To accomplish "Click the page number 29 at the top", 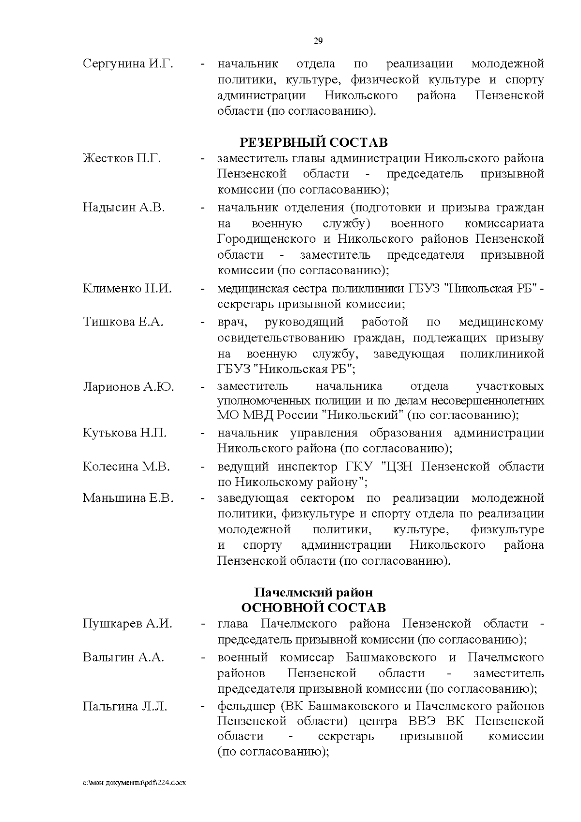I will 318,41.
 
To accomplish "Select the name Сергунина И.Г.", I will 128,64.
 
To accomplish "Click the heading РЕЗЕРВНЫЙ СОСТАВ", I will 314,143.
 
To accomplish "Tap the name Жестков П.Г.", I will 122,158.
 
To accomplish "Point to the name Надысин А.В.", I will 124,208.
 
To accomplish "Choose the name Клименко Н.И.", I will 127,289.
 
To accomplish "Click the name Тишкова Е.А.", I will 123,322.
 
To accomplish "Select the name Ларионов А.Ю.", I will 128,387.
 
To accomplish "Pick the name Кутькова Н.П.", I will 124,433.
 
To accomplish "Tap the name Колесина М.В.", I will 126,467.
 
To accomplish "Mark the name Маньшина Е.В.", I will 128,498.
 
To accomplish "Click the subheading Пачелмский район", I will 314,592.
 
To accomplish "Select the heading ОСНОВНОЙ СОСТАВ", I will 314,608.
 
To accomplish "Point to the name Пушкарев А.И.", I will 127,623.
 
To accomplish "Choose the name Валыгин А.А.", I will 123,658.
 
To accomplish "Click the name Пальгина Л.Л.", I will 125,707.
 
